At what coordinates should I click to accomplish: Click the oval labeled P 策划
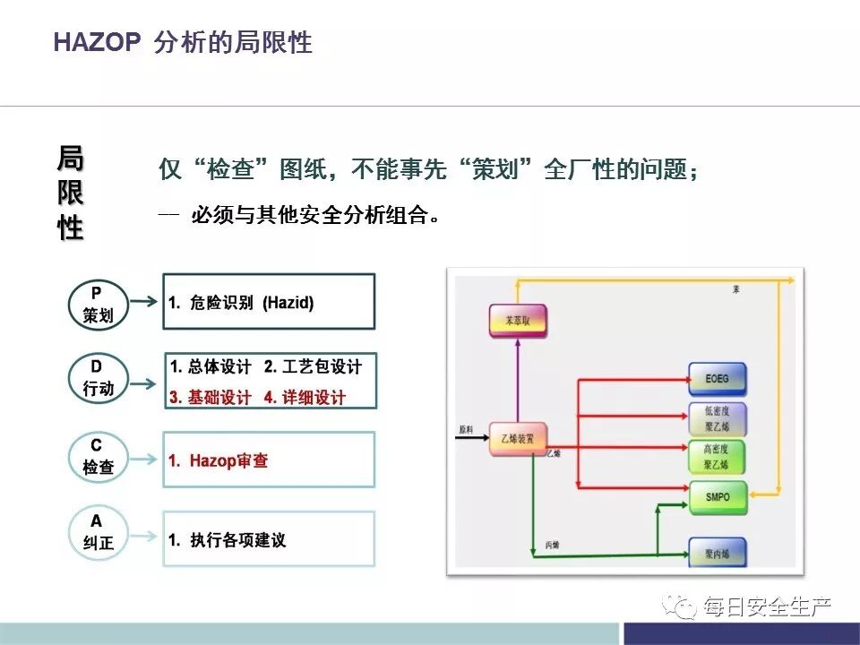96,304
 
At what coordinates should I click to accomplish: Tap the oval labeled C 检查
96,457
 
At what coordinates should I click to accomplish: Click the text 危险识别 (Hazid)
251,303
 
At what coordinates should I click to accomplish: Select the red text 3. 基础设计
211,397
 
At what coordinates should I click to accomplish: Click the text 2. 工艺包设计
313,367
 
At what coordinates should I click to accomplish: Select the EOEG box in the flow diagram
717,379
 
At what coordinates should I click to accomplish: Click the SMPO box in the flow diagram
717,496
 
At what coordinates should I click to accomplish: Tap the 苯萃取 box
517,321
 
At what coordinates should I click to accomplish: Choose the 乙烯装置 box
518,438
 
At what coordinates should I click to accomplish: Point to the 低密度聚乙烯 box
717,417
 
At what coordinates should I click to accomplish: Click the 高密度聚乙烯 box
717,457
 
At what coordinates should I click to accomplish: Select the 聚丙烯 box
717,553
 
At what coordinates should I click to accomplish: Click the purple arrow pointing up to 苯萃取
517,381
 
